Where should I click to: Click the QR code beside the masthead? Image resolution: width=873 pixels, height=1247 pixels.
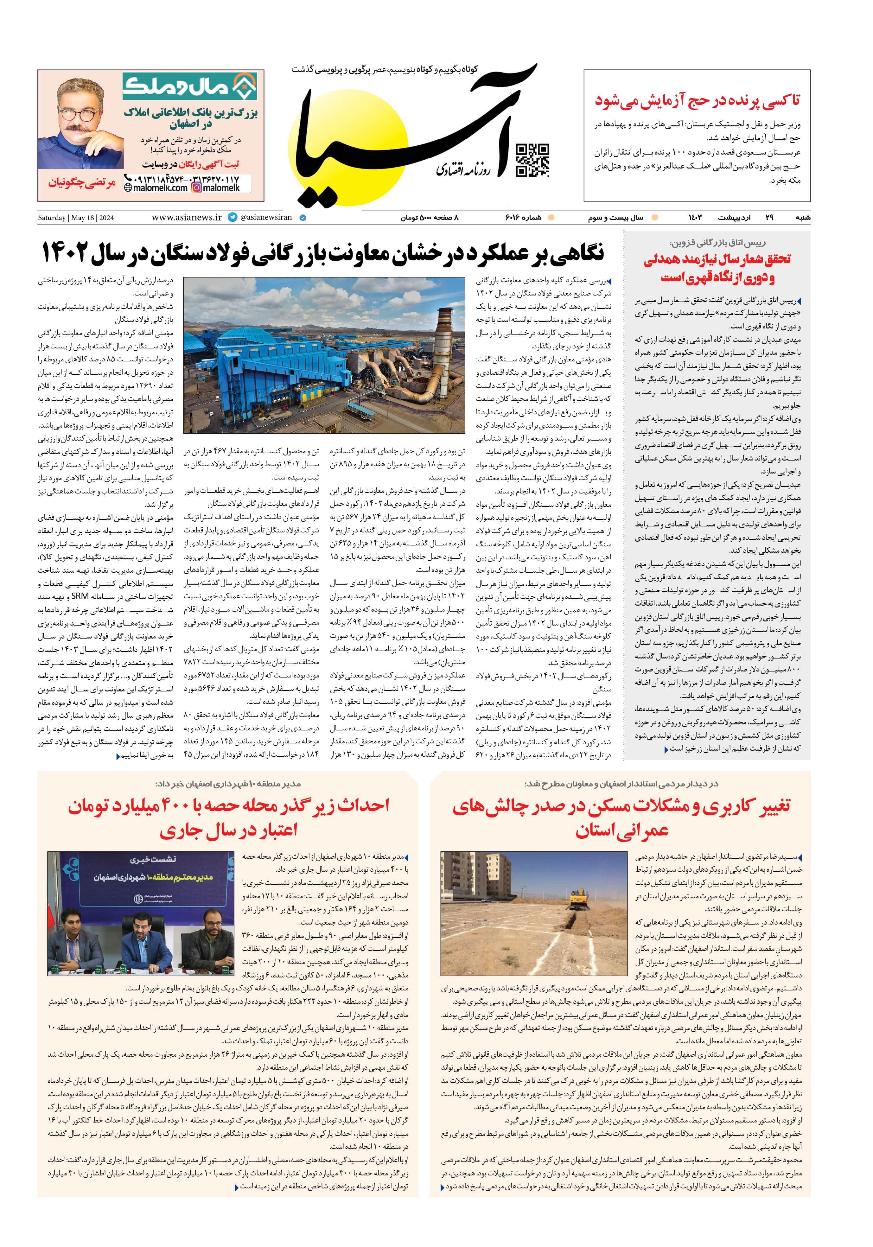click(532, 161)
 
